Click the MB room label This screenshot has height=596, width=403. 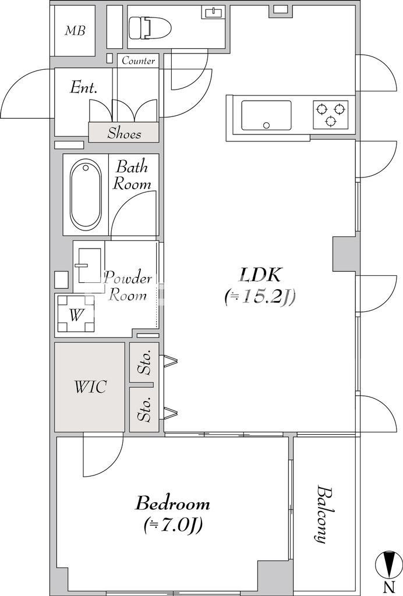(75, 30)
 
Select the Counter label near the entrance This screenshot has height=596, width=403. (139, 61)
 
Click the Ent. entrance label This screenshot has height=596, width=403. (84, 88)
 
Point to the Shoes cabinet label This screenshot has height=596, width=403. (124, 133)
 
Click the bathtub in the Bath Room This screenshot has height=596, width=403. (86, 195)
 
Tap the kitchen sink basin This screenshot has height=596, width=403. (267, 115)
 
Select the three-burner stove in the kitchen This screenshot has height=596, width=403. (331, 115)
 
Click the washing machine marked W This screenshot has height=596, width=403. (75, 314)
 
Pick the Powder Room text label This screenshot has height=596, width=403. (128, 286)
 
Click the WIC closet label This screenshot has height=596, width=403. (90, 387)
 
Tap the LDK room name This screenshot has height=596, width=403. (260, 275)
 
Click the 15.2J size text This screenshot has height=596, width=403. (260, 296)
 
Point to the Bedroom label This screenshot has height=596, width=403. (172, 503)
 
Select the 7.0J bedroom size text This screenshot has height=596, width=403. (173, 526)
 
